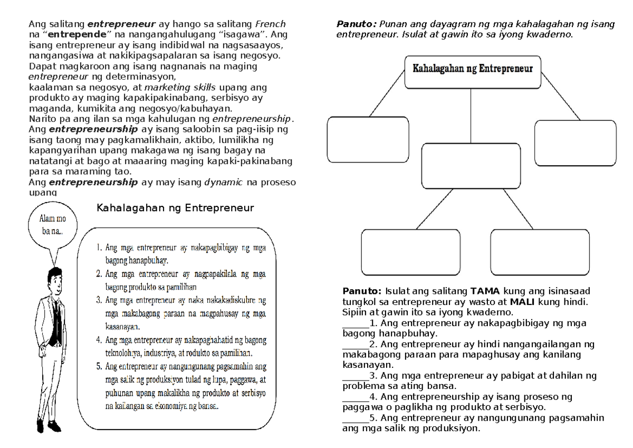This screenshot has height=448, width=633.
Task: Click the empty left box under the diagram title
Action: click(368, 139)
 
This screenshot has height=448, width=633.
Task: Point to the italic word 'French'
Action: click(270, 24)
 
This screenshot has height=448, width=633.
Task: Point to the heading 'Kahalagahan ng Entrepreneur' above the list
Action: click(175, 208)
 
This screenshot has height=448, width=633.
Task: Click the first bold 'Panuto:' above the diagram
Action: click(357, 24)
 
